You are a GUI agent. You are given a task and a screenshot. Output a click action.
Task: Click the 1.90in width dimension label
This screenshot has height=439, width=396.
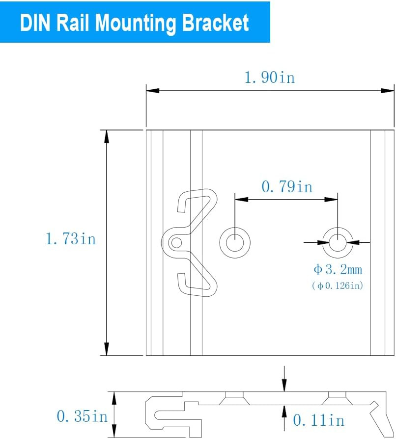coord(270,77)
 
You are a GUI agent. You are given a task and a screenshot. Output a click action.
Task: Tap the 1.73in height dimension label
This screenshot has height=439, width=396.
coord(71,239)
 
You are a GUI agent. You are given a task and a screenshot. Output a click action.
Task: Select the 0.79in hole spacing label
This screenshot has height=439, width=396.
coord(287,186)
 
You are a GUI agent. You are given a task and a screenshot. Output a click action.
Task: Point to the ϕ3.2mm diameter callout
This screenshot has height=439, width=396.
coord(338,269)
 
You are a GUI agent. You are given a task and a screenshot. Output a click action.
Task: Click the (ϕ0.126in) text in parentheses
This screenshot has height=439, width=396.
coord(338,285)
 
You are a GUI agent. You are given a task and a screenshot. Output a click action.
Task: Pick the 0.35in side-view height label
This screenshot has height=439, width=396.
coord(82,416)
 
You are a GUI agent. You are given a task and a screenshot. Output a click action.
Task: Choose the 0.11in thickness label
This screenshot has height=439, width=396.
coord(318,420)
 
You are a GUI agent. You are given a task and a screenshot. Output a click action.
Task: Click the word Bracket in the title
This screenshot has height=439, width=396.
coord(215,23)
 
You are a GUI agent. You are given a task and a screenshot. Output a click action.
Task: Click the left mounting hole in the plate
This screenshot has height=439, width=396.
coord(235,242)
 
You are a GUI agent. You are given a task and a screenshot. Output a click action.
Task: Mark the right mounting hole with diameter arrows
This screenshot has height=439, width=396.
coord(338,242)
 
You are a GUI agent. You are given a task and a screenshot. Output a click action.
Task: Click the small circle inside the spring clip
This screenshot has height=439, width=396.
coord(176,243)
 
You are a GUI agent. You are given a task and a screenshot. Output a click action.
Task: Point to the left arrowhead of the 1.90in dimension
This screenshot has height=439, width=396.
coord(153,91)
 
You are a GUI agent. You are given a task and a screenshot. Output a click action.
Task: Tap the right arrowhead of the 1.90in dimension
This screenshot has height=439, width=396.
coord(387,91)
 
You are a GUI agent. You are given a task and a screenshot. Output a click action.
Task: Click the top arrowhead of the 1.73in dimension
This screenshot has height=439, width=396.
coord(107,137)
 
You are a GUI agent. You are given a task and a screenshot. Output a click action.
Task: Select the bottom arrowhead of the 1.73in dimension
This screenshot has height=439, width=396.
coord(107,349)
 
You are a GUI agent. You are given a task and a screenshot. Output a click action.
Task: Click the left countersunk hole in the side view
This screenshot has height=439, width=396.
coord(234,398)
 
